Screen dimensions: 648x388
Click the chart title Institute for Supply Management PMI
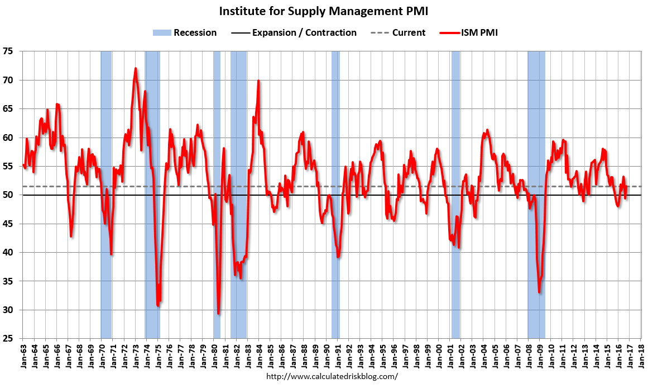coord(323,11)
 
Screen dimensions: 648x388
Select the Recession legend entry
coord(184,33)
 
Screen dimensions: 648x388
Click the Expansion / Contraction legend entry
coord(294,33)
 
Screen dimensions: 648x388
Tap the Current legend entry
coord(398,33)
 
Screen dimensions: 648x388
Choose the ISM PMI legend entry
coord(469,33)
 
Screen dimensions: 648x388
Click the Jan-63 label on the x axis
coord(23,355)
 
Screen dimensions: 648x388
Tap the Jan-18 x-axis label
coord(641,355)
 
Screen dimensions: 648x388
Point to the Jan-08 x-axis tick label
coord(529,355)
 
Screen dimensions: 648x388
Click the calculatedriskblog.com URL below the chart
coord(332,376)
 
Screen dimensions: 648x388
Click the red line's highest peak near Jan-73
coord(136,69)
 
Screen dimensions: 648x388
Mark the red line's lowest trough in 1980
coord(218,314)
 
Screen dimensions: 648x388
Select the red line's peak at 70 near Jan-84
coord(258,81)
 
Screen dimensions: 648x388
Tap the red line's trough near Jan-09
coord(539,292)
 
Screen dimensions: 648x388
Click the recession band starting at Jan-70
coord(106,195)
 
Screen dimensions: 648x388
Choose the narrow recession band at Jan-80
coord(217,195)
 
